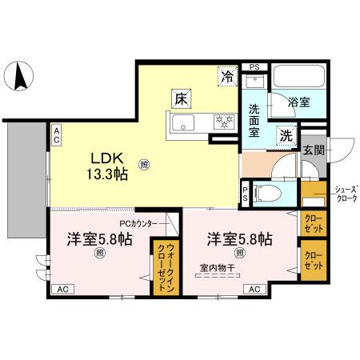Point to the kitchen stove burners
[x=221, y=123]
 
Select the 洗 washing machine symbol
[x=286, y=135]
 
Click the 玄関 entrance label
[x=313, y=149]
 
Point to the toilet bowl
[x=270, y=191]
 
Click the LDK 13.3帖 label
[x=105, y=165]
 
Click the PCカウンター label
[x=142, y=223]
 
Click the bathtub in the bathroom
[x=298, y=80]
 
